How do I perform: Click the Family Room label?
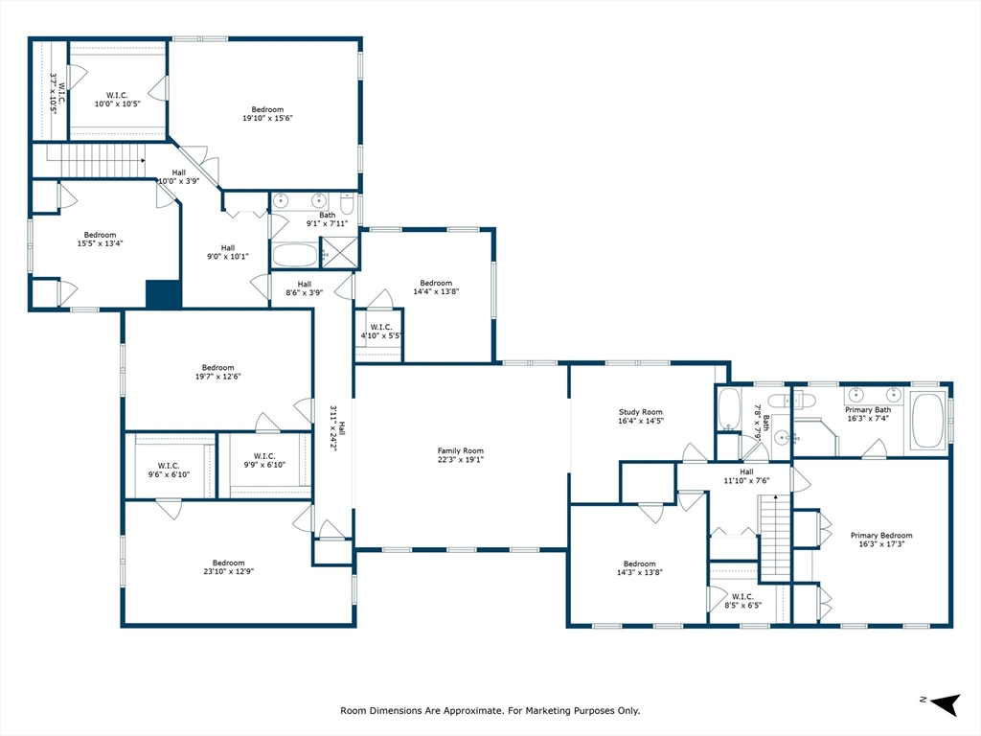click(x=460, y=455)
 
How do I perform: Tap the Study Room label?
click(x=640, y=416)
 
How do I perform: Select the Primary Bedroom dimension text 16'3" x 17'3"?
click(x=881, y=543)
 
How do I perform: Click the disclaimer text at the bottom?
click(x=490, y=711)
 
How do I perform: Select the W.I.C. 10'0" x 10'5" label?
click(x=118, y=99)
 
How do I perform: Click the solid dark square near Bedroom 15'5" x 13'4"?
click(x=163, y=294)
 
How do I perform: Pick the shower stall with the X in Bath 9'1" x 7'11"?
click(x=337, y=253)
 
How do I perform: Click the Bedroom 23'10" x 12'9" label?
click(x=228, y=566)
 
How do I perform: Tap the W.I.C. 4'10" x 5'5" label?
click(x=379, y=332)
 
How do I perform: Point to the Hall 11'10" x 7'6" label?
click(x=745, y=476)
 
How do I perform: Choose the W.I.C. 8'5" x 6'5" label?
click(x=741, y=601)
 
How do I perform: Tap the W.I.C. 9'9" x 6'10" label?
click(x=264, y=460)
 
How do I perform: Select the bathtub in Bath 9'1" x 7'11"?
click(x=294, y=255)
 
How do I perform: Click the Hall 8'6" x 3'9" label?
click(x=304, y=288)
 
